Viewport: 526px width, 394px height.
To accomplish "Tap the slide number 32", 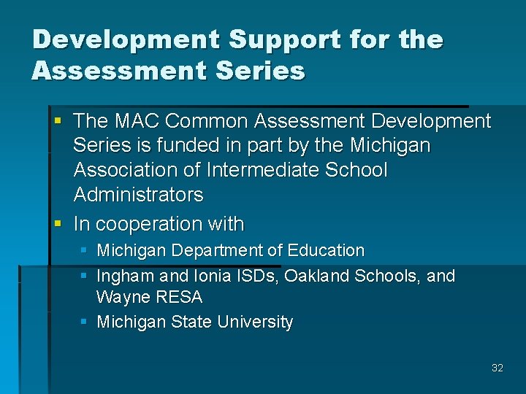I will [498, 368].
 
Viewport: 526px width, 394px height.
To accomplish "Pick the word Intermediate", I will [264, 170].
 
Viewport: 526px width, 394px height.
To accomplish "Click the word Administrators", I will [138, 195].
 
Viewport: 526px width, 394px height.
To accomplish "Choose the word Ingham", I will [123, 276].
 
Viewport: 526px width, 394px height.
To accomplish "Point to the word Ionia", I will [211, 276].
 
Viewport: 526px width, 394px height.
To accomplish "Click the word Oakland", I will [316, 276].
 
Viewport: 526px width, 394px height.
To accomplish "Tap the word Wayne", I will [121, 298].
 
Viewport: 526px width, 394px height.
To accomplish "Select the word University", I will [256, 322].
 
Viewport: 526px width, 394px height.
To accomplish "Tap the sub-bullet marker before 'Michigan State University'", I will [84, 322].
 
